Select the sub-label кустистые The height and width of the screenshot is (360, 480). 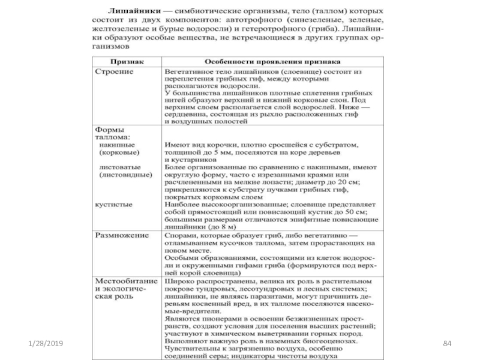[x=115, y=204]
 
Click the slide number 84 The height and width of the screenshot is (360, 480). [x=446, y=342]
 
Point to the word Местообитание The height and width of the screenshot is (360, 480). [x=124, y=280]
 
